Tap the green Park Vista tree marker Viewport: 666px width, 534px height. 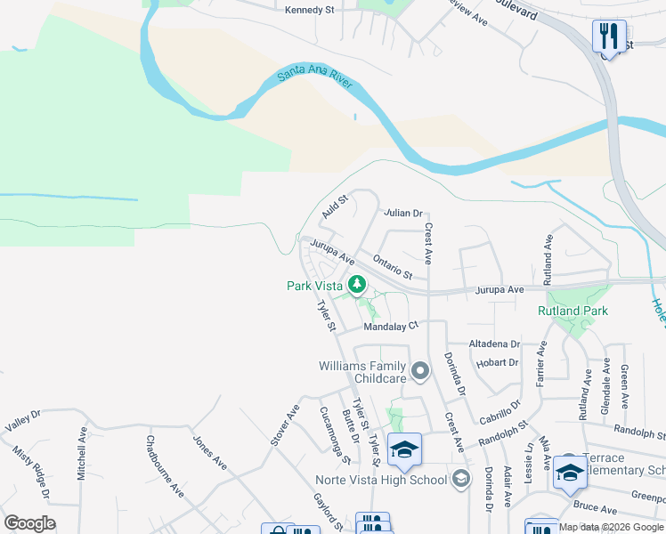coord(357,285)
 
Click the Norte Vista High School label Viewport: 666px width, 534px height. coord(381,480)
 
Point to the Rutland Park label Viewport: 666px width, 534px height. coord(573,311)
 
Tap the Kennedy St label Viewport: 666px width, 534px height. coord(308,11)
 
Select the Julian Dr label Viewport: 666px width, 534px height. coord(402,214)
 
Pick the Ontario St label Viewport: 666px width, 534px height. coord(393,267)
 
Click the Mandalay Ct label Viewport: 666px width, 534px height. coord(391,327)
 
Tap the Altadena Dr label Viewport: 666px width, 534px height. coord(495,344)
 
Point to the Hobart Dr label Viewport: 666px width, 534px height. coord(498,363)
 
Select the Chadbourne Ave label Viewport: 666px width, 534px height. coord(165,465)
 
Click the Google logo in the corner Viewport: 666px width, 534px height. coord(29,523)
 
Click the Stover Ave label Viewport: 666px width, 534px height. coord(285,425)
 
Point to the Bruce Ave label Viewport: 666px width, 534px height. coord(596,510)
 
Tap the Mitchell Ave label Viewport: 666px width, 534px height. coord(82,453)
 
